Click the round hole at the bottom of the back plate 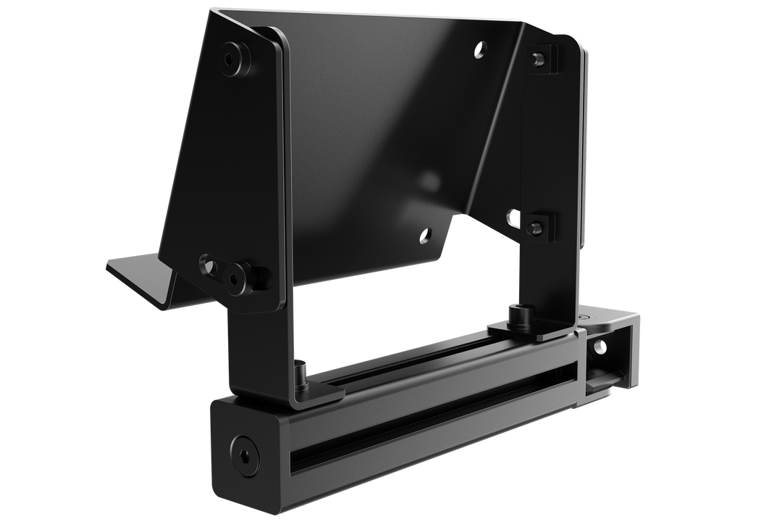(425, 233)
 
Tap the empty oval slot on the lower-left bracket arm (209, 267)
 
